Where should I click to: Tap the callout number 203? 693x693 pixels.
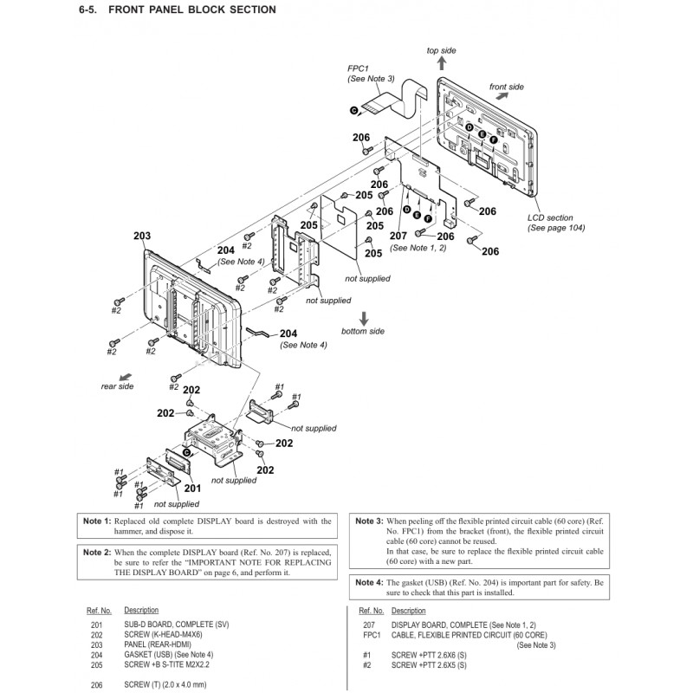coord(142,236)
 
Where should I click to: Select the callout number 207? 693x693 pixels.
coord(398,236)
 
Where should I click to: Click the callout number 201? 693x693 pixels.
coord(191,488)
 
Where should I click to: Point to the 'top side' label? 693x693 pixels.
coord(441,51)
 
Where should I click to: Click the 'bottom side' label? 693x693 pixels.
coord(363,332)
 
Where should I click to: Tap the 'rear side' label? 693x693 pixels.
coord(118,386)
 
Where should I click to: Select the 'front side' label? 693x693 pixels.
coord(506,87)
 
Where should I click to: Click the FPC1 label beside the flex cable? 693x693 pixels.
coord(359,67)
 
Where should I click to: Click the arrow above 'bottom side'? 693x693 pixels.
coord(364,316)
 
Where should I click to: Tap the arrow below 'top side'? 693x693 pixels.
coord(441,66)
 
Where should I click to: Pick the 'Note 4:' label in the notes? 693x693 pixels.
coord(368,583)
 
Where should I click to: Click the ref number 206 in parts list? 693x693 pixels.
coord(96,684)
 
